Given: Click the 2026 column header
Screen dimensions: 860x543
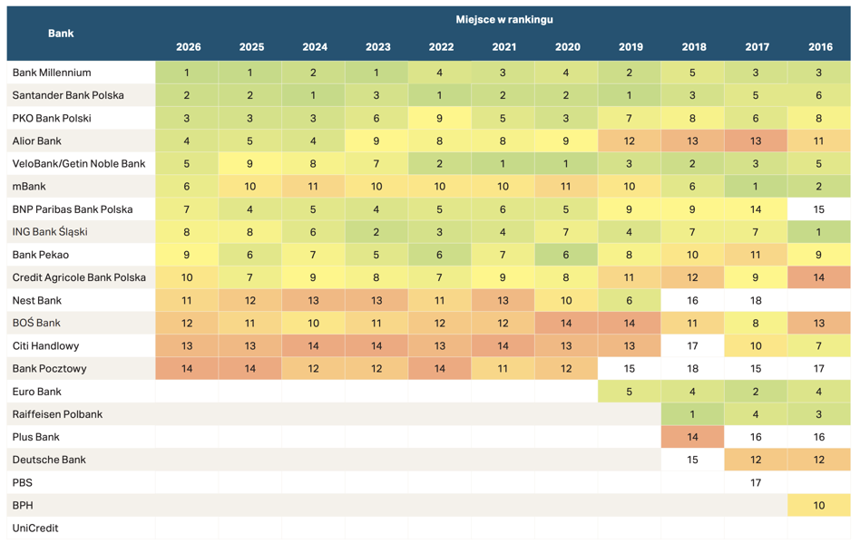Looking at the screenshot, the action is [x=188, y=47].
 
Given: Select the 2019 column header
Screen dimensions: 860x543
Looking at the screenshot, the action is [x=630, y=47].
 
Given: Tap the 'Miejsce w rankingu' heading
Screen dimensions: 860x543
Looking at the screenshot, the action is [x=504, y=20].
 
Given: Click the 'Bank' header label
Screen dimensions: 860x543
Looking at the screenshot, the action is [x=61, y=34].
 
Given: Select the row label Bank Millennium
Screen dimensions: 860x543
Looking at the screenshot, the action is [x=52, y=73].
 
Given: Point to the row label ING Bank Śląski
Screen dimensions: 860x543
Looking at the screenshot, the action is [x=50, y=232].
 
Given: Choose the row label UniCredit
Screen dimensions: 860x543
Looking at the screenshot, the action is [x=35, y=528].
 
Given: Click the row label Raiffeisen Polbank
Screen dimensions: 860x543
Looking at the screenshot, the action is [x=57, y=414].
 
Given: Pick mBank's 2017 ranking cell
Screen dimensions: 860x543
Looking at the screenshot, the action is [x=756, y=187].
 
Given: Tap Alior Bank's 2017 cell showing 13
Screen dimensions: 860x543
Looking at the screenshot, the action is [x=756, y=141].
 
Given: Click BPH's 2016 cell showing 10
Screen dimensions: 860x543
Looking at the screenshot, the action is [x=819, y=505].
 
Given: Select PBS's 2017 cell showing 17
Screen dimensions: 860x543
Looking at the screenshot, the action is [x=756, y=483].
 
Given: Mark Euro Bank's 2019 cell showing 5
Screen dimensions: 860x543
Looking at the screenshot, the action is [x=629, y=392].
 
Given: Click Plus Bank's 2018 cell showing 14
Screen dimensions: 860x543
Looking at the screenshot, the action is [x=693, y=437].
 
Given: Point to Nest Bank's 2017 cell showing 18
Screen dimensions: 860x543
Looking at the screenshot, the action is [x=756, y=300].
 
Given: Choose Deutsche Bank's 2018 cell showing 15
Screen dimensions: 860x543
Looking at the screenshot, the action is [x=693, y=460].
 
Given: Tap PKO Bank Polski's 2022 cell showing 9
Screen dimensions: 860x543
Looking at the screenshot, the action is [x=439, y=118].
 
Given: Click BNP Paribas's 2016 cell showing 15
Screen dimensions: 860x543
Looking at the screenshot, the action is [x=819, y=209].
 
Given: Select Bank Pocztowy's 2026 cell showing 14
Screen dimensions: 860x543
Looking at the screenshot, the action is [x=187, y=369].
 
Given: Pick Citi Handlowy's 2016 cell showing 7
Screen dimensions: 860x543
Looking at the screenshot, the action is [x=819, y=345].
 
